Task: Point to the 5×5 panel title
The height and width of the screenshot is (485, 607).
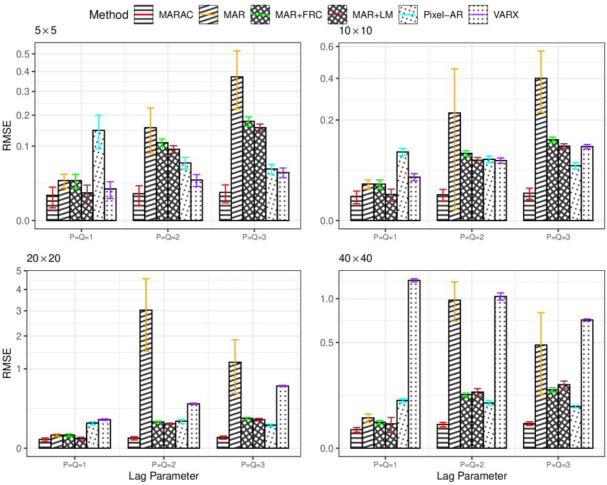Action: tap(47, 30)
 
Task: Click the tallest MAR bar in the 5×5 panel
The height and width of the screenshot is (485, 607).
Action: tap(237, 148)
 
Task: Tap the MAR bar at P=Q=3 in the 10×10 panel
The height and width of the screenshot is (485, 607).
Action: tap(540, 149)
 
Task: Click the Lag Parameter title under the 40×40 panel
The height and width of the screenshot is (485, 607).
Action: tap(471, 476)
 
